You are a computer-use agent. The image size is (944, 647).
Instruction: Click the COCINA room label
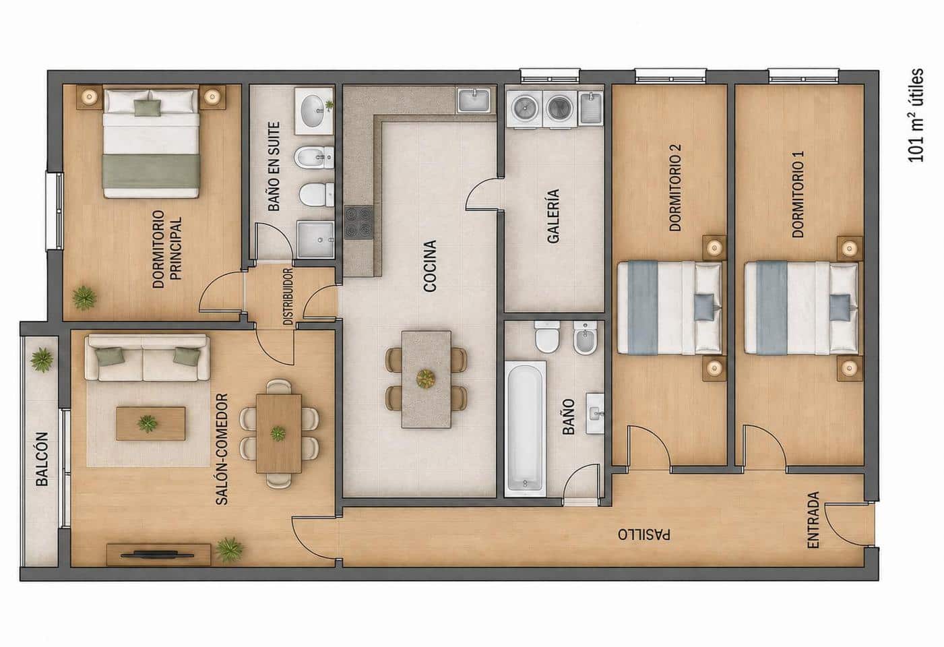pos(430,266)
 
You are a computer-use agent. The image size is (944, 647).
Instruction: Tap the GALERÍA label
pos(553,216)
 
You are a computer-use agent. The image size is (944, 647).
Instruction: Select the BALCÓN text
pos(42,459)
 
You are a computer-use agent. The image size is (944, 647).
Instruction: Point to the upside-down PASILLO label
pos(643,534)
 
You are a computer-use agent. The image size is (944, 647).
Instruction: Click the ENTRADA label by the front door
pos(813,520)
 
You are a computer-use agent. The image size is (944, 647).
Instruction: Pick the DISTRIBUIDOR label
pos(288,297)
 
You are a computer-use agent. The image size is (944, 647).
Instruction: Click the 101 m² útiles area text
pos(915,115)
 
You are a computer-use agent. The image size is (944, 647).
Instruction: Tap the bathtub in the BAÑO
pos(525,429)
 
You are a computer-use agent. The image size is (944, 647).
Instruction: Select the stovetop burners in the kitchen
pos(358,222)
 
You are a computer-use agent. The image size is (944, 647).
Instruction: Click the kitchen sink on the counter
pos(474,100)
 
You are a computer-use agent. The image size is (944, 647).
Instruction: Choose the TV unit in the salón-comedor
pos(158,555)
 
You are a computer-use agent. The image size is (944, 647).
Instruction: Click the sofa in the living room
pos(147,358)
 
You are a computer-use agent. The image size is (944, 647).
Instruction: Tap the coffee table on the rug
pos(150,424)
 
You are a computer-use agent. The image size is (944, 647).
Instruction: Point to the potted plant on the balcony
pos(42,359)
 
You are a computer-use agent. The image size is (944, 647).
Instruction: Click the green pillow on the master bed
pos(148,107)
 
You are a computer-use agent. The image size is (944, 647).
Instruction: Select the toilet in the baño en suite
pos(317,195)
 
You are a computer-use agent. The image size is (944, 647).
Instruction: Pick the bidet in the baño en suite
pos(314,158)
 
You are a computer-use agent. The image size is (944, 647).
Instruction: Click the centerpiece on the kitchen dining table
pos(426,378)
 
